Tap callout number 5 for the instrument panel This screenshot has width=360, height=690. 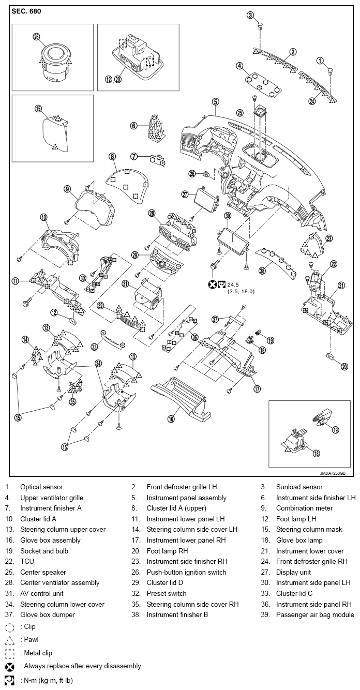coord(215,102)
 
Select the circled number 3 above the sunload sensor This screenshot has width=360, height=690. coord(251,14)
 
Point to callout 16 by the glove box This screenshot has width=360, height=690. coord(170,419)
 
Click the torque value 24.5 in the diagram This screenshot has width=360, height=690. coord(233,284)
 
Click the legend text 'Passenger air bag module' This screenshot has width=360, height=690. coord(315,614)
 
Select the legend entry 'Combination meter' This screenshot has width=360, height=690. coord(304,508)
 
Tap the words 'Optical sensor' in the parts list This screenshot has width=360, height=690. coord(41,487)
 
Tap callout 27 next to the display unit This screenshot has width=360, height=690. coord(185,194)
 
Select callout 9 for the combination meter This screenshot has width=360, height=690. coord(67,189)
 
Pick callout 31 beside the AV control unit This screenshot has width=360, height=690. coord(125,283)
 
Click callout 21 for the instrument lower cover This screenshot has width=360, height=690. coord(341,286)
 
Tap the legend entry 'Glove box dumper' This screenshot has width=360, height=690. coord(48,614)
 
